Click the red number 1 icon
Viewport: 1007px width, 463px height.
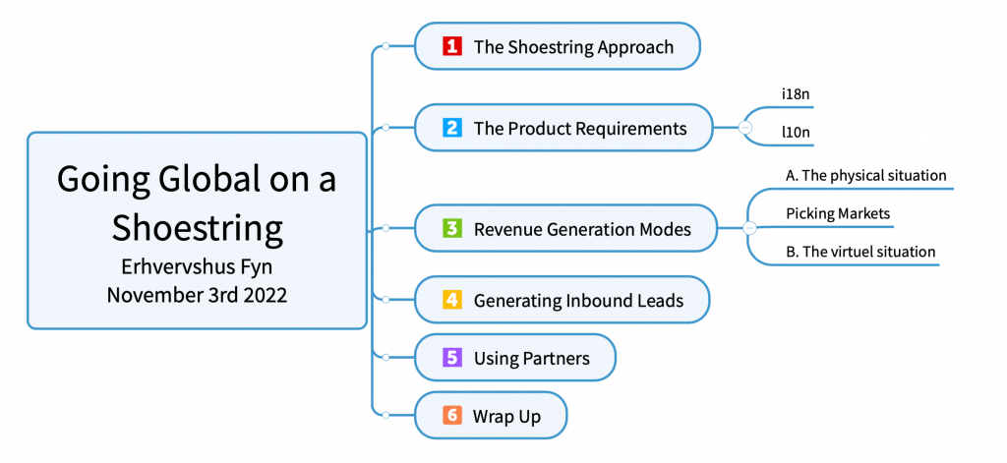(452, 46)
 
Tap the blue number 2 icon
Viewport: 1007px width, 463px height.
(452, 128)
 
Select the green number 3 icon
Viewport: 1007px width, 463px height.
(452, 228)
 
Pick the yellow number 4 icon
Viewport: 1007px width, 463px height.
(452, 299)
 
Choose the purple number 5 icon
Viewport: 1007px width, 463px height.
(452, 357)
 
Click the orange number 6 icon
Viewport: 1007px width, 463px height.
(452, 416)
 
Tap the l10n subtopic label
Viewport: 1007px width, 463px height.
(796, 133)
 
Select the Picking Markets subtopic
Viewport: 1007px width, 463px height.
(838, 214)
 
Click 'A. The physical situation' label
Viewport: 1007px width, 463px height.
(865, 175)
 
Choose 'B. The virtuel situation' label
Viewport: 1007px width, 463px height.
(860, 251)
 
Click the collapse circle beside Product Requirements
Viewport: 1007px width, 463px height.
(745, 128)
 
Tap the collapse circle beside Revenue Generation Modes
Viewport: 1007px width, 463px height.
(748, 228)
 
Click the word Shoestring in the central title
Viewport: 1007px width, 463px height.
(197, 228)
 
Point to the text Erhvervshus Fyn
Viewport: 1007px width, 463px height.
(197, 267)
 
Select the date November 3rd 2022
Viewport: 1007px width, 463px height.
(197, 295)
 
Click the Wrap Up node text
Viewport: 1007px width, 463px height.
(506, 416)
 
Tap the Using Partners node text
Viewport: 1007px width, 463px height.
(532, 358)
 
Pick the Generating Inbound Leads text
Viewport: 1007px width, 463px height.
(578, 300)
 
